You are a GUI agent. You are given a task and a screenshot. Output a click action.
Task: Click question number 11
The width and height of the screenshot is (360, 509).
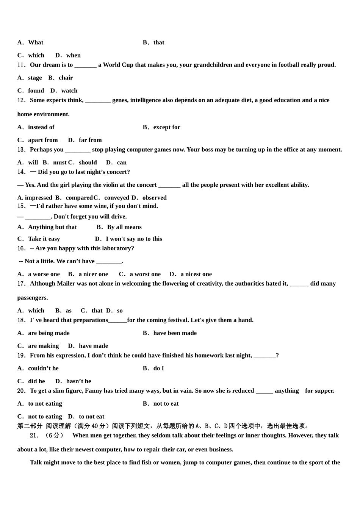click(x=21, y=65)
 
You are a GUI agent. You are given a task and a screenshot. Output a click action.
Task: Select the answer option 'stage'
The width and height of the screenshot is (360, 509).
click(x=35, y=78)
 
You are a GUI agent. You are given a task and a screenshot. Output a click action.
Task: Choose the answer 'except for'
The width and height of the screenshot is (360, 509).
click(x=167, y=127)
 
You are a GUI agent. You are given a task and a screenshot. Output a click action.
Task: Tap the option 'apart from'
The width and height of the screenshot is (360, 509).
click(x=43, y=140)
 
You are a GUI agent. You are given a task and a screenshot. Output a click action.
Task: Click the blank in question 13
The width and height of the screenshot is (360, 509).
click(x=78, y=150)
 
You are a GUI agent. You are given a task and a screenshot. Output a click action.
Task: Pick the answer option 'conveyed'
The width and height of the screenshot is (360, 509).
click(x=117, y=198)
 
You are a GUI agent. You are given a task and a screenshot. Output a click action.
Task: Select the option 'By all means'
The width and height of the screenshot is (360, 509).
click(x=124, y=227)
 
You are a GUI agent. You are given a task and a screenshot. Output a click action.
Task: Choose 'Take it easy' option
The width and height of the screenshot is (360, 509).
click(x=44, y=239)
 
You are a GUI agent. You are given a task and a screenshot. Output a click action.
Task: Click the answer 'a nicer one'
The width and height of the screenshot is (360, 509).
click(x=93, y=274)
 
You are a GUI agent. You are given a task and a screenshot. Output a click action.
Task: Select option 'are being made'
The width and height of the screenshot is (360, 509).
click(x=49, y=333)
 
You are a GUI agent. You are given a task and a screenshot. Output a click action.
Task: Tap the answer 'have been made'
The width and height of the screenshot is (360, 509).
click(x=175, y=333)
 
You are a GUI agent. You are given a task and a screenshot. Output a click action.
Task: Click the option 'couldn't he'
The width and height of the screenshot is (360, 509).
click(x=43, y=368)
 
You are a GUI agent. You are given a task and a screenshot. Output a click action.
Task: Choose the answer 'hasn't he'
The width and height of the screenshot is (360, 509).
click(x=78, y=381)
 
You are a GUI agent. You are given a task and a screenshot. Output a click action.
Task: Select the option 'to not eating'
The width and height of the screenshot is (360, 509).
click(x=45, y=404)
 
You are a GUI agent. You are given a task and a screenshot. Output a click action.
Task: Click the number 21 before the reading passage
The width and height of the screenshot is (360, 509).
click(x=34, y=436)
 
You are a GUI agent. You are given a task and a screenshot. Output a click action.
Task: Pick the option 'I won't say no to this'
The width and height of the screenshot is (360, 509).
click(x=134, y=239)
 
